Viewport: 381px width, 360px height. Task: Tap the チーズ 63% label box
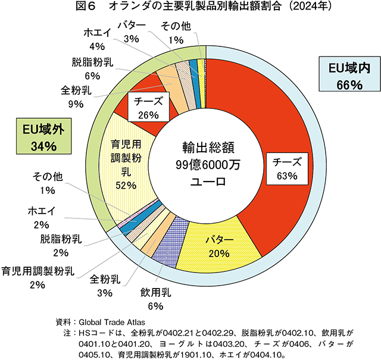click(288, 169)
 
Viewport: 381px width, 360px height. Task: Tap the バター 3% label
click(130, 32)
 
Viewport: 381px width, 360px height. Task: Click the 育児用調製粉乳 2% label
click(38, 278)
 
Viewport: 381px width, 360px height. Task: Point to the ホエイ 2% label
click(41, 217)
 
